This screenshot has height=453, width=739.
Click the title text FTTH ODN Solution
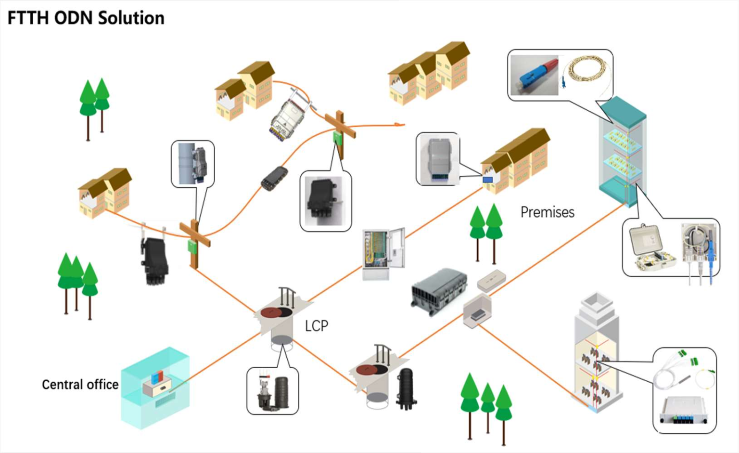tap(86, 18)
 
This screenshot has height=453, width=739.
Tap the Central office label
tap(80, 385)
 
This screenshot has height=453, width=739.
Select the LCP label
tap(316, 326)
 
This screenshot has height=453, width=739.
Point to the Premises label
tap(547, 212)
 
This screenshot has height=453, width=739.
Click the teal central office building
tap(155, 388)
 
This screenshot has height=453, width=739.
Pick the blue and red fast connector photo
tap(534, 75)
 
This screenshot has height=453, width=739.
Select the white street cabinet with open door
tap(382, 253)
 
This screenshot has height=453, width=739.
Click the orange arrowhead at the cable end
tap(397, 125)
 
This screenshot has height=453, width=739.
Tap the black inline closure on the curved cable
tap(274, 178)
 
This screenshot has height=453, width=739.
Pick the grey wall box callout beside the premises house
tap(437, 159)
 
